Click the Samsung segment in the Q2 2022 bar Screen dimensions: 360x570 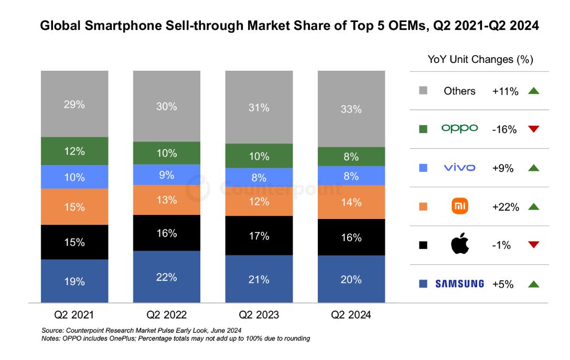pyautogui.click(x=166, y=277)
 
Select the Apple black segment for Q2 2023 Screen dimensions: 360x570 pyautogui.click(x=259, y=235)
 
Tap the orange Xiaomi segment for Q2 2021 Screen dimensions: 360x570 pyautogui.click(x=74, y=206)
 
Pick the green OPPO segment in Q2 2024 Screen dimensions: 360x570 pyautogui.click(x=351, y=156)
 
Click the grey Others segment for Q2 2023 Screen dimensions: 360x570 pyautogui.click(x=259, y=107)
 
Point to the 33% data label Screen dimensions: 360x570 pyautogui.click(x=351, y=110)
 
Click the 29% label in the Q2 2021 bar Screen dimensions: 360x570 pyautogui.click(x=74, y=104)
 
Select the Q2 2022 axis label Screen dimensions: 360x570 pyautogui.click(x=166, y=315)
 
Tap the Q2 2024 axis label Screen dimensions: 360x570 pyautogui.click(x=351, y=315)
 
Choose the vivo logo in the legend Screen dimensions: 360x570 pyautogui.click(x=459, y=168)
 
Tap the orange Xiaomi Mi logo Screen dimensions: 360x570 pyautogui.click(x=460, y=206)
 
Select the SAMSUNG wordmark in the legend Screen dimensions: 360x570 pyautogui.click(x=459, y=284)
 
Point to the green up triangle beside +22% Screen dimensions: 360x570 pyautogui.click(x=534, y=207)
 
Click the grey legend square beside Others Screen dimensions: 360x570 pyautogui.click(x=424, y=91)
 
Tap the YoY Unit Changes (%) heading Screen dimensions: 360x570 pyautogui.click(x=480, y=60)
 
